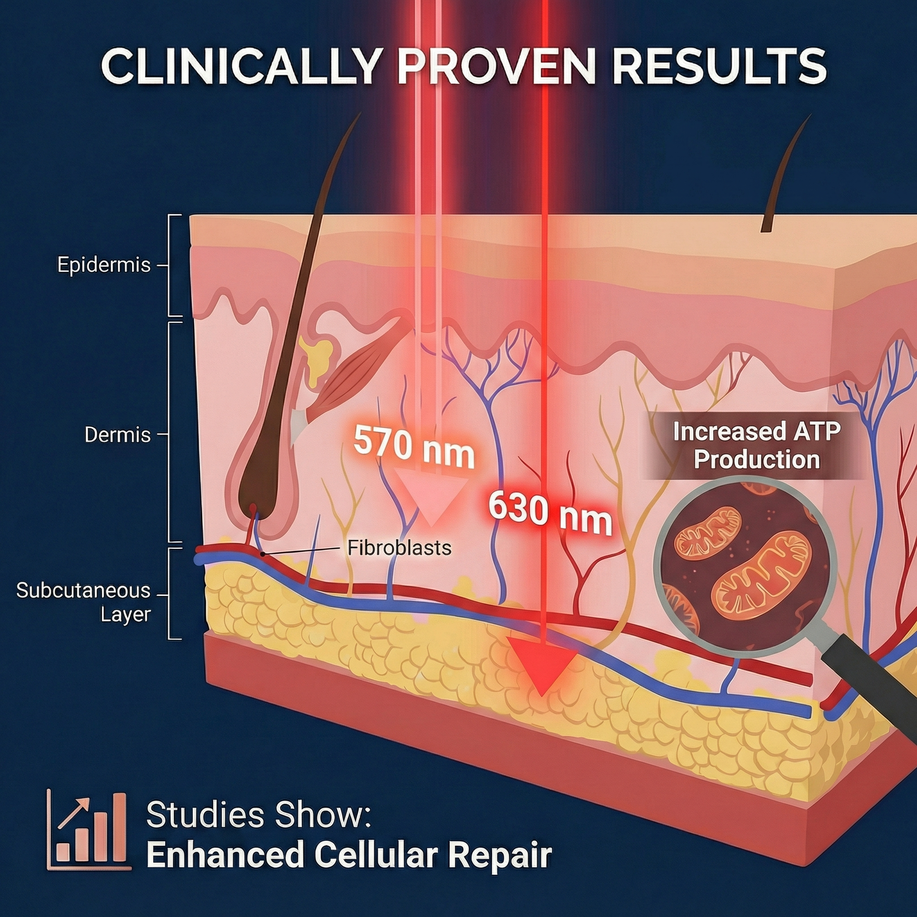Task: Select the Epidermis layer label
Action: pyautogui.click(x=104, y=265)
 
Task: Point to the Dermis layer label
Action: pyautogui.click(x=117, y=435)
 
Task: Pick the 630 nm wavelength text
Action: pyautogui.click(x=550, y=514)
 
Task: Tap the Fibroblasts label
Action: pyautogui.click(x=399, y=548)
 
